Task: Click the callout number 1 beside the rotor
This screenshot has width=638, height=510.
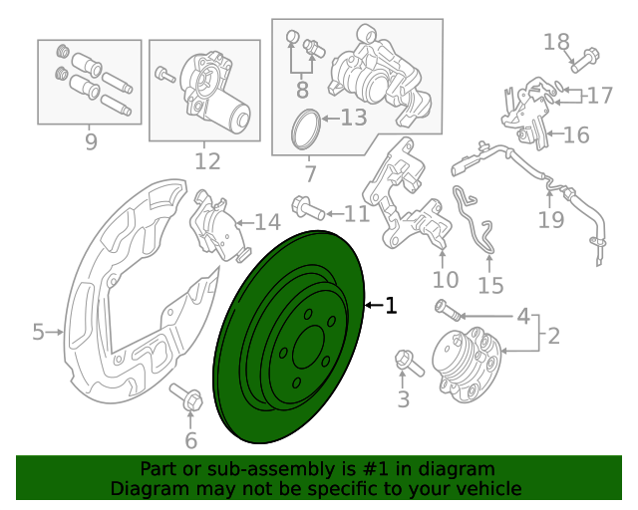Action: point(391,306)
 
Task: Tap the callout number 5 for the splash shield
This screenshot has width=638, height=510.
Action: point(38,332)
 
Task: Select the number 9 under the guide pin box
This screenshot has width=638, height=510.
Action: point(91,142)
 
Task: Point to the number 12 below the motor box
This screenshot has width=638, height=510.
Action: point(207,159)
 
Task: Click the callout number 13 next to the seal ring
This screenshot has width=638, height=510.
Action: point(353,119)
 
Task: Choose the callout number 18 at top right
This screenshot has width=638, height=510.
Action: point(556,41)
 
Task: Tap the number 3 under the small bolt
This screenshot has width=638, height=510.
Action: point(403,400)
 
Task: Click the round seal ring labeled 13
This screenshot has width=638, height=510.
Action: point(305,130)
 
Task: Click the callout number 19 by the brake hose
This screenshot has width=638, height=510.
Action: point(551,219)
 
